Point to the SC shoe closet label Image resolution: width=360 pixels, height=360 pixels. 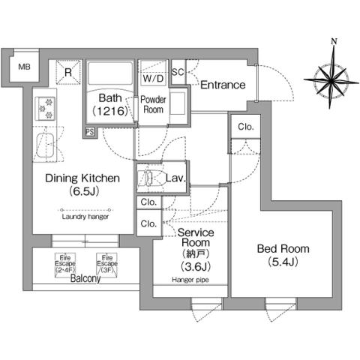coord(178,72)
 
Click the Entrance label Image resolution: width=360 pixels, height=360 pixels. coord(223,85)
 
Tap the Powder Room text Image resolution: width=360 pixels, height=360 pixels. coord(153,103)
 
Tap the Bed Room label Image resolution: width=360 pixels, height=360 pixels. coord(283,255)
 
